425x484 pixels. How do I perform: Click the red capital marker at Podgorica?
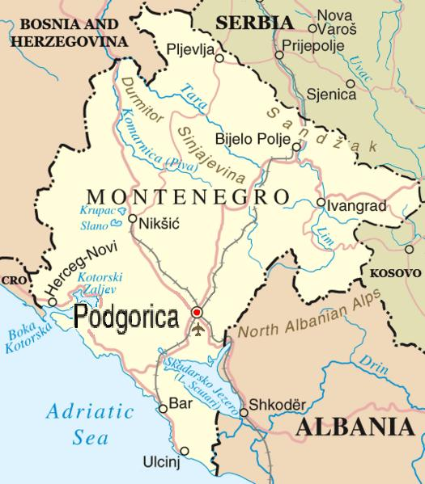pyautogui.click(x=196, y=313)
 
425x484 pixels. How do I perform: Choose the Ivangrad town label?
pyautogui.click(x=352, y=205)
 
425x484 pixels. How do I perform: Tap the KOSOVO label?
pyautogui.click(x=396, y=273)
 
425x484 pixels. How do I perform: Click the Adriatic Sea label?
pyautogui.click(x=89, y=423)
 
